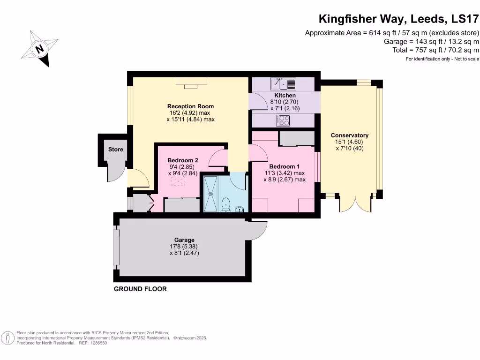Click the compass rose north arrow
39,49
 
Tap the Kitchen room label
285,96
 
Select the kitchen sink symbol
283,83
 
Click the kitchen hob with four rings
283,120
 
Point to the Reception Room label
190,106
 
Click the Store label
115,150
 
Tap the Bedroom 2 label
183,160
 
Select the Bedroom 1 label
285,166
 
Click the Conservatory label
350,135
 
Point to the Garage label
184,240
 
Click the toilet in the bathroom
225,205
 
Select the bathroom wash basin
240,209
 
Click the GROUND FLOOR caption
140,289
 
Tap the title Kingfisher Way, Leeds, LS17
398,19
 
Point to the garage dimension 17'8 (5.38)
184,247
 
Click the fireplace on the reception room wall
191,82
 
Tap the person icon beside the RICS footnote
8,338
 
